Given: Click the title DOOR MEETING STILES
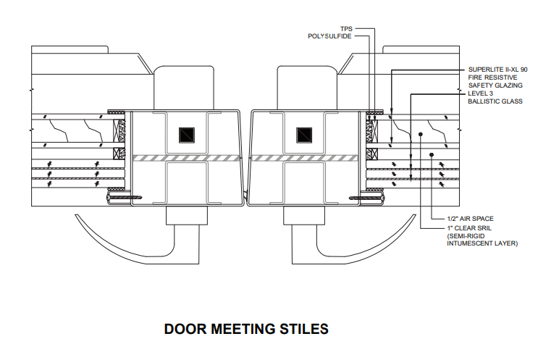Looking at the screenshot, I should click(246, 329).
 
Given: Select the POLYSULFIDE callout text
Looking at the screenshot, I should click(329, 36).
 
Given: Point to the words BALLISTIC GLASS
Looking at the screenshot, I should click(495, 101).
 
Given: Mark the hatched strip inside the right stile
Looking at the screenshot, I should click(305, 158).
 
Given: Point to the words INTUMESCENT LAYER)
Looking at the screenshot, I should click(482, 244).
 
